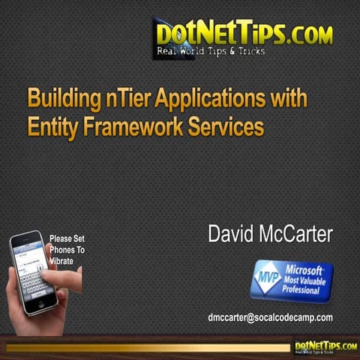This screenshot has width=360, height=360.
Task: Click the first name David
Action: pyautogui.click(x=232, y=233)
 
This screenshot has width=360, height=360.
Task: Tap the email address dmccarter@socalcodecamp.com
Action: pyautogui.click(x=270, y=317)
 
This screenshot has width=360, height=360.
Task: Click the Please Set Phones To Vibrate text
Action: pyautogui.click(x=67, y=250)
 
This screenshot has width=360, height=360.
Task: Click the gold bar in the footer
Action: pyautogui.click(x=142, y=347)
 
